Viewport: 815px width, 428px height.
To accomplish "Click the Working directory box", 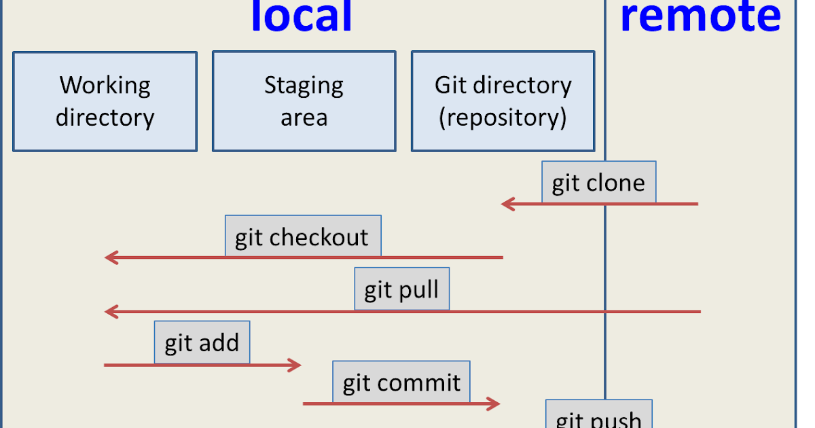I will [105, 101].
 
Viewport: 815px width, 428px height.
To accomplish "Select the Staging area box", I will [304, 101].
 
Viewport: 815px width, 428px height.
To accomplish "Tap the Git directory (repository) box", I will [503, 101].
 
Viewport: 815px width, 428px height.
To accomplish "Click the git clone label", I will [598, 182].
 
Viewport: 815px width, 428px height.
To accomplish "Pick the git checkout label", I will [302, 236].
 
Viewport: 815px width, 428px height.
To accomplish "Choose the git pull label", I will [401, 290].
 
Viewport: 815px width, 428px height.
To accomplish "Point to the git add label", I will [202, 342].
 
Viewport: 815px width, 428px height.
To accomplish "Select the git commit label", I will [401, 382].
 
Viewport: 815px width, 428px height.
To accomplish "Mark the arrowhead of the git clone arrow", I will [507, 203].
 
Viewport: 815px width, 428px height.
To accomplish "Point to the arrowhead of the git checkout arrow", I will [111, 257].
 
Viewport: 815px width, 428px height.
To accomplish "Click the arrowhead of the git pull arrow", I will [111, 312].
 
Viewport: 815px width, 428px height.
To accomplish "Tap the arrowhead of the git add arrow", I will [295, 365].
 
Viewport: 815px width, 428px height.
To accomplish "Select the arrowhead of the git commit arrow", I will [494, 404].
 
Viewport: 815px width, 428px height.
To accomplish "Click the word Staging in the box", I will [304, 86].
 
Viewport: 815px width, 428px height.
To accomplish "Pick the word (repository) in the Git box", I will [503, 118].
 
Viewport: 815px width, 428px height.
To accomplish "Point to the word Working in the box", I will [105, 86].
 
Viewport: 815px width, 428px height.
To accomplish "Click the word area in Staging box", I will [304, 118].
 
